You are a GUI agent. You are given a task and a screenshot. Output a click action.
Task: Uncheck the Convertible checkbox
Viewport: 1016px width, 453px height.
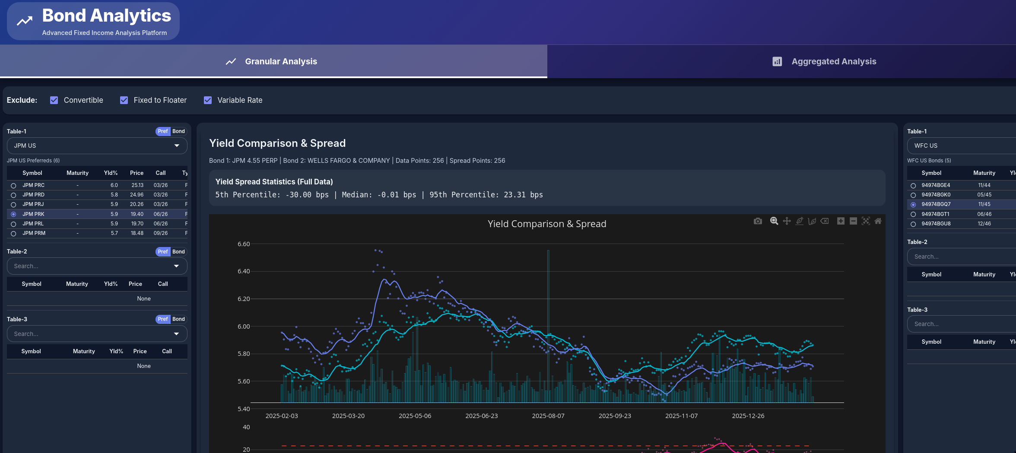tap(54, 100)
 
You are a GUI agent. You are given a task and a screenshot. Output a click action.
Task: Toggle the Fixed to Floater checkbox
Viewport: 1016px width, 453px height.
tap(124, 100)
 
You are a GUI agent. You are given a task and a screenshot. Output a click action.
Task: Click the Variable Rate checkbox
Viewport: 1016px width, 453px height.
tap(208, 100)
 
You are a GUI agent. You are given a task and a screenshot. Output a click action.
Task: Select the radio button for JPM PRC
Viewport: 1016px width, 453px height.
tap(13, 185)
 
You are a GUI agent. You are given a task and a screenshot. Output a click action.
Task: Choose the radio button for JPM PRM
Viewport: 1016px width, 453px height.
tap(13, 234)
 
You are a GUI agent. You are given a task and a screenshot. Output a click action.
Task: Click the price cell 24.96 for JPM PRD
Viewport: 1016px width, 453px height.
tap(137, 195)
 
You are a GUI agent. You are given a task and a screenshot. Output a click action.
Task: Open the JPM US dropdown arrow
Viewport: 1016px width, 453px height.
tap(177, 146)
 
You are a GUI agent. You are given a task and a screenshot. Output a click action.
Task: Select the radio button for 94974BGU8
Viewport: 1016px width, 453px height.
tap(913, 224)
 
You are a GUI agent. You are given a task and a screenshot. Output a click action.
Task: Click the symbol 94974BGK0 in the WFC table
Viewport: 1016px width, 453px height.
tap(936, 195)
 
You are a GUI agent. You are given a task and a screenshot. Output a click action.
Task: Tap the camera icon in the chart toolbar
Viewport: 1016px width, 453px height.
tap(758, 221)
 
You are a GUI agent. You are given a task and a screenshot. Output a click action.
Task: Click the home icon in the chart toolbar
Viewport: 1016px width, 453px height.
tap(878, 221)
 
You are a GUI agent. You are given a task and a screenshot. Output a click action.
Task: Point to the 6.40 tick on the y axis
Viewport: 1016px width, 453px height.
tap(244, 271)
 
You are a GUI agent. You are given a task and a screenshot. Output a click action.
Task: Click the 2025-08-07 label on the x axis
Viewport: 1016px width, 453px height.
tap(548, 416)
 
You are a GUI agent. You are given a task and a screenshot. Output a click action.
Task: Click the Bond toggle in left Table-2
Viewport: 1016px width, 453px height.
tap(178, 252)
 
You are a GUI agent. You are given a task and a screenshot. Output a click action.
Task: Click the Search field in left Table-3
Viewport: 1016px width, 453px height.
tap(91, 334)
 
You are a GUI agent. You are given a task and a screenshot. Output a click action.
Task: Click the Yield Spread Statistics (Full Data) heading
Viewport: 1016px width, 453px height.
tap(274, 182)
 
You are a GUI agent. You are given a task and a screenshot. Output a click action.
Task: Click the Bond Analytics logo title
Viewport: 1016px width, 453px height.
tap(106, 16)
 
